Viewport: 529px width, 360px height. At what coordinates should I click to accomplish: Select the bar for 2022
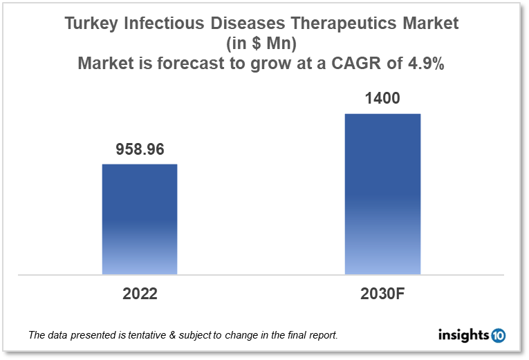coord(140,219)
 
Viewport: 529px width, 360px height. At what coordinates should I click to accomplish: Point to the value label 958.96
coord(140,150)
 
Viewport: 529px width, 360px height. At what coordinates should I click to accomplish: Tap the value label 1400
coord(382,99)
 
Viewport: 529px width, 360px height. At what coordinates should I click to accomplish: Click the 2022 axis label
coord(140,294)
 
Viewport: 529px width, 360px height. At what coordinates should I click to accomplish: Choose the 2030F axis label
coord(382,294)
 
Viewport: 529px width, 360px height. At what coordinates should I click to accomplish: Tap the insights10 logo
coord(472,336)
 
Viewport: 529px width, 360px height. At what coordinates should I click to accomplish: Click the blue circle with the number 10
coord(499,336)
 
